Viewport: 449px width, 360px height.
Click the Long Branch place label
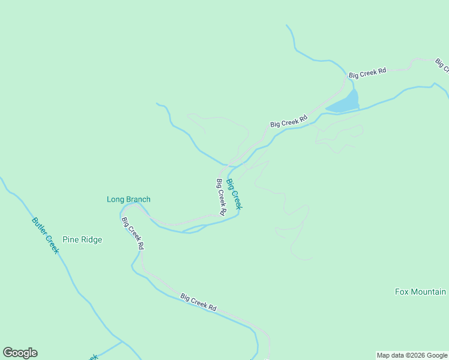click(x=128, y=199)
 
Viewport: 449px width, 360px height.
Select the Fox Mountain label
click(x=420, y=292)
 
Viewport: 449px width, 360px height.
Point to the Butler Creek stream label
click(x=46, y=235)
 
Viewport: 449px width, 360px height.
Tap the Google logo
click(x=20, y=353)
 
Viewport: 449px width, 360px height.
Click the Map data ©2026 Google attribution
click(x=412, y=355)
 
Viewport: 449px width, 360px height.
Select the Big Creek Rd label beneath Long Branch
click(x=133, y=233)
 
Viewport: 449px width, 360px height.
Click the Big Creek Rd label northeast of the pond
click(x=367, y=73)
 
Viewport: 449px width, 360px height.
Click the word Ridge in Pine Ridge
click(x=92, y=239)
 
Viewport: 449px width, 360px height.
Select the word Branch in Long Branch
click(x=138, y=199)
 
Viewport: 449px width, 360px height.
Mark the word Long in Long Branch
click(x=115, y=199)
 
